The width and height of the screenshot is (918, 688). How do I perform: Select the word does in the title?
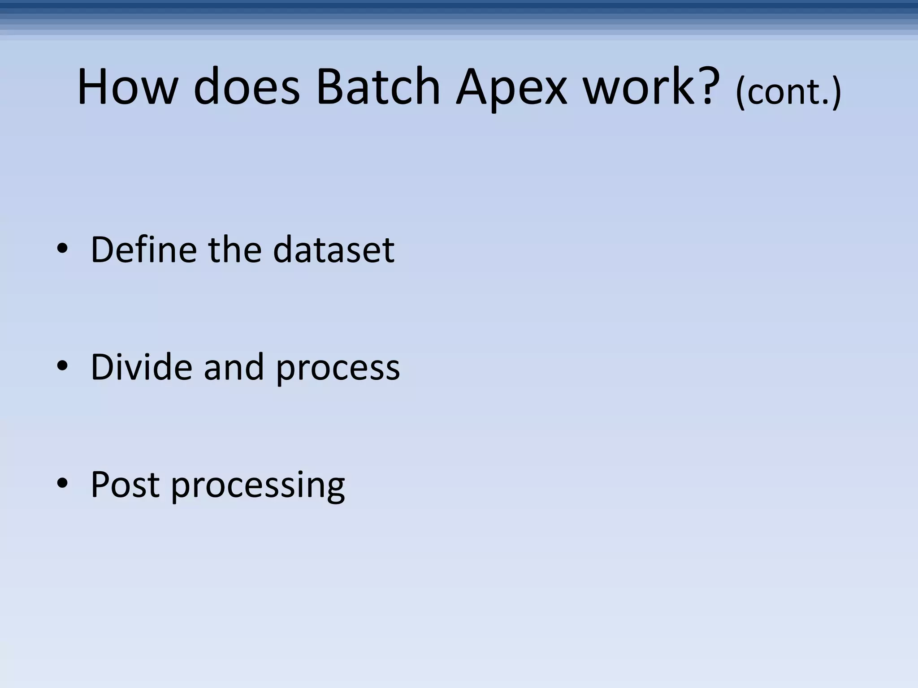[x=247, y=87]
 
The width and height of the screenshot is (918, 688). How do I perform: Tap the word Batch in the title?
[x=378, y=87]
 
